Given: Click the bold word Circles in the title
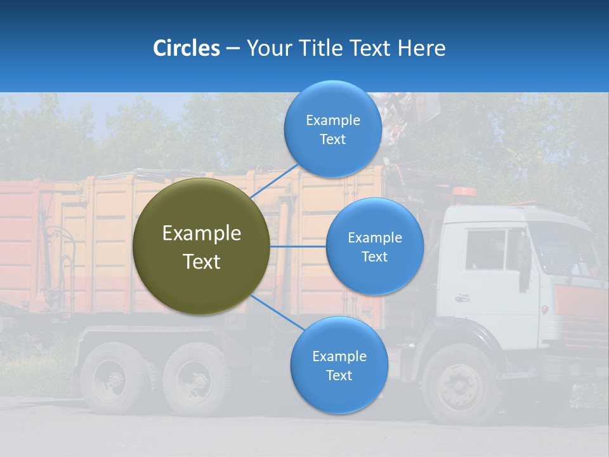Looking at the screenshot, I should [x=187, y=48].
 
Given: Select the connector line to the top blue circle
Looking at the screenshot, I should [x=274, y=180].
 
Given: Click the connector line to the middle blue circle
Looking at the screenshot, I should [x=298, y=246].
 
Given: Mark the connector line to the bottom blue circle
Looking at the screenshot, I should [x=277, y=312].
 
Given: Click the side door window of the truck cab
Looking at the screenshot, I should [x=485, y=249].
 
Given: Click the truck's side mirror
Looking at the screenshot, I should [x=523, y=260].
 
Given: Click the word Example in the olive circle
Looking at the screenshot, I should [x=201, y=234].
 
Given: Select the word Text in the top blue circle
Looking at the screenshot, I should [x=332, y=140].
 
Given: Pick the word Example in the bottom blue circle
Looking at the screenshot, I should [x=339, y=356].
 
